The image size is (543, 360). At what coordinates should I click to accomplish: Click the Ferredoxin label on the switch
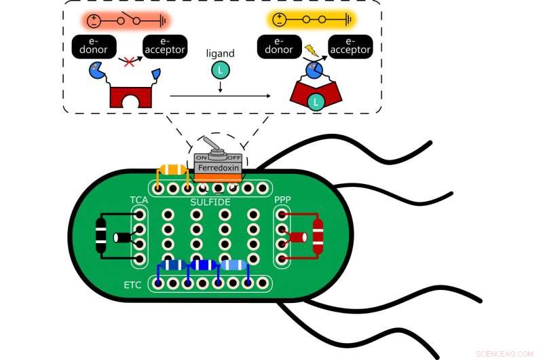(217, 166)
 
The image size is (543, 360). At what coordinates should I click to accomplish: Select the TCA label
(138, 200)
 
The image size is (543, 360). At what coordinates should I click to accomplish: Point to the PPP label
(283, 200)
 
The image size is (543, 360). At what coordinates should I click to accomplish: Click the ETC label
(133, 285)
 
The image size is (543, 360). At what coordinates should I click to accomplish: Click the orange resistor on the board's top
(172, 170)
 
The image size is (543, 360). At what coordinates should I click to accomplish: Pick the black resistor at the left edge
(101, 236)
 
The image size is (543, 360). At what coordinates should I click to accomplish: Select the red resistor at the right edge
(317, 236)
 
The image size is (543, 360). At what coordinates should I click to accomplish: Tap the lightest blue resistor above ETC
(233, 266)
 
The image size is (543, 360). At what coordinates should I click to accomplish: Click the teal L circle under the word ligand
(219, 69)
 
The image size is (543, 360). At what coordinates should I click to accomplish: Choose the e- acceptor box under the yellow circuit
(350, 46)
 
